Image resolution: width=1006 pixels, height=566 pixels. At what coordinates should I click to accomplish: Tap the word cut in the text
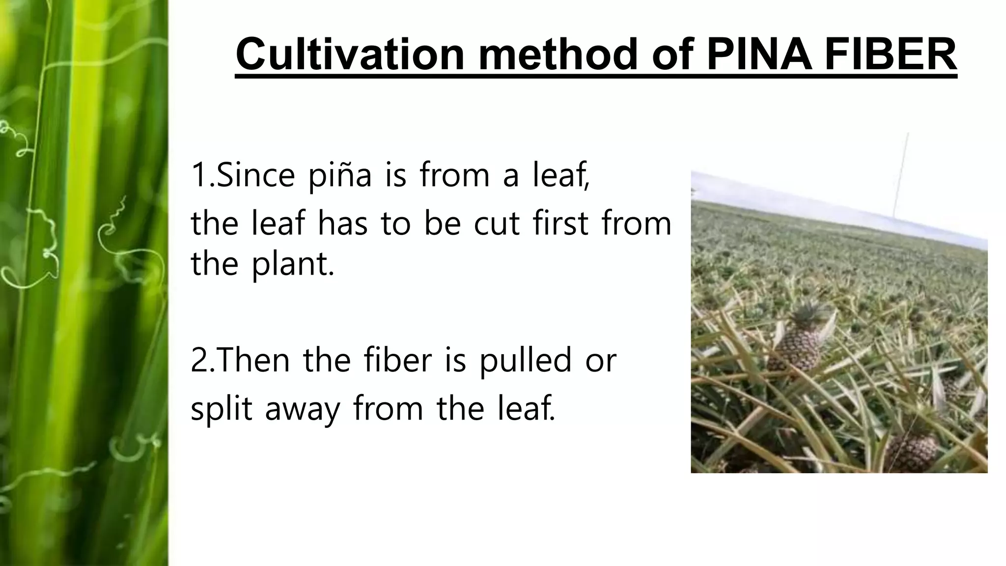click(496, 224)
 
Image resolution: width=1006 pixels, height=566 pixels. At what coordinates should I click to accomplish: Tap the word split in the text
click(222, 409)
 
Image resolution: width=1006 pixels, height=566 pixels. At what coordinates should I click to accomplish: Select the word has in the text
click(342, 224)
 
